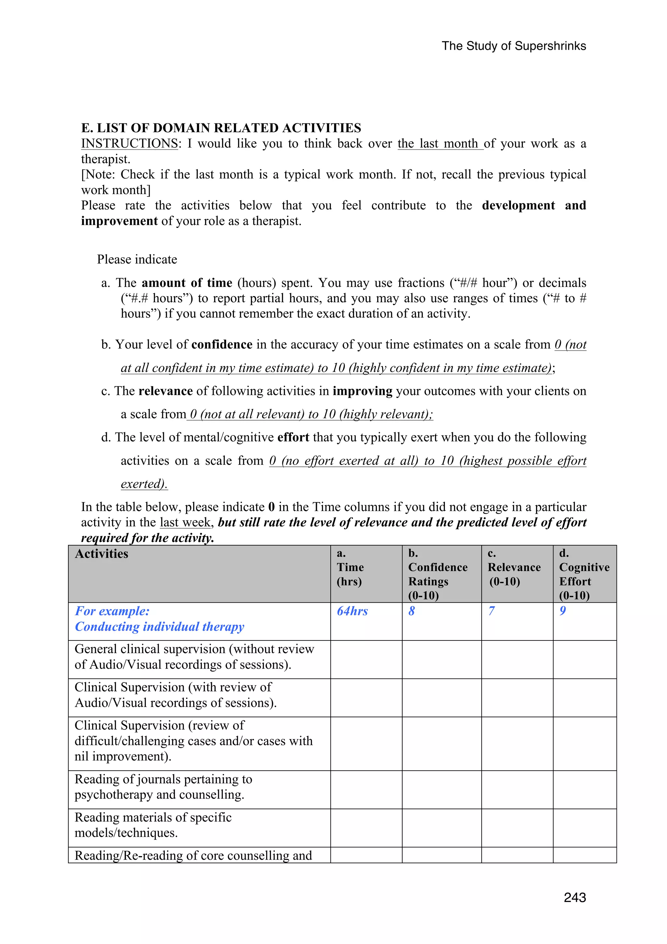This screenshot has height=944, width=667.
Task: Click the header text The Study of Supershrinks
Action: coord(513,46)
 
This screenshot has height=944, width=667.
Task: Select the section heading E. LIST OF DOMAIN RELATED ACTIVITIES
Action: coord(221,128)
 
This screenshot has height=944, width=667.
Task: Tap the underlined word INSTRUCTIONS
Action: coord(129,144)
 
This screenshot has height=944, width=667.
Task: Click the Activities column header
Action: coord(102,554)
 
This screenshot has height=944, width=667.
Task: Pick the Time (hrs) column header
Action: coord(350,567)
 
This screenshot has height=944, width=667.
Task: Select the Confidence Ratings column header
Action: coord(437,574)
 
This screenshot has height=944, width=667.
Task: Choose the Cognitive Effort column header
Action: coord(584,574)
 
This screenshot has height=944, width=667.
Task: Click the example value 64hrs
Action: coord(352,611)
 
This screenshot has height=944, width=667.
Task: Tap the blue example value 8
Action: coord(411,611)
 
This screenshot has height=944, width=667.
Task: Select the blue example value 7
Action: coord(491,611)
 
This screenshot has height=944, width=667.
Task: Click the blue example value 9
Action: coord(562,611)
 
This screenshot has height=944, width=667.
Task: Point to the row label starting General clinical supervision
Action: coord(194,657)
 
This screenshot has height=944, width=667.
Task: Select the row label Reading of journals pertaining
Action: coord(163,787)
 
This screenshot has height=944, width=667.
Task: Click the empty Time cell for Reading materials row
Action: coord(366,828)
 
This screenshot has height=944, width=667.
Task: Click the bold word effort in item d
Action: coord(293,437)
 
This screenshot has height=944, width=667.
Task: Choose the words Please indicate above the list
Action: coord(137,259)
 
